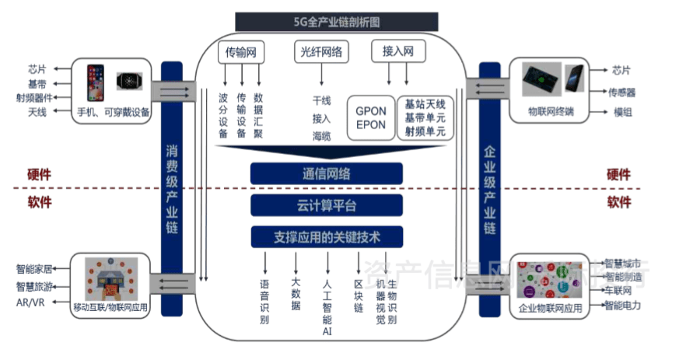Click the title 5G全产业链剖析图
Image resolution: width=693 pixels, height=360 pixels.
[x=337, y=21]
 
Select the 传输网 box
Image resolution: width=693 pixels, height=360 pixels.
[x=241, y=52]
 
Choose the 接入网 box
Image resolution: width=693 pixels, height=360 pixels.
[x=397, y=52]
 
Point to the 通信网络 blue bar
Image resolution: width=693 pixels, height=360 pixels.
[x=326, y=173]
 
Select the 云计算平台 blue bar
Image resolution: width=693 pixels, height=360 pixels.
[x=326, y=205]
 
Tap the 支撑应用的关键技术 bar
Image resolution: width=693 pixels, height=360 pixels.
[x=326, y=236]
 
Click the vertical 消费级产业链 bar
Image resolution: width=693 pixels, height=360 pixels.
[x=171, y=189]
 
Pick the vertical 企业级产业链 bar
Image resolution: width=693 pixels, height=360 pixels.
[x=490, y=189]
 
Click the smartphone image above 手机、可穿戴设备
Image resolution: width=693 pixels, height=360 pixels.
[x=96, y=82]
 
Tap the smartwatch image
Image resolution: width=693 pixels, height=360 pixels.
[x=129, y=81]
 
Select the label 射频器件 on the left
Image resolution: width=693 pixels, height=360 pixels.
[x=34, y=98]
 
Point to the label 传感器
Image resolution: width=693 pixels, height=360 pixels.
[x=622, y=92]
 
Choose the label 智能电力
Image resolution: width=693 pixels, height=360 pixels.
[x=623, y=306]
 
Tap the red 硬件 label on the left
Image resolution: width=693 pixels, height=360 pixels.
[x=40, y=174]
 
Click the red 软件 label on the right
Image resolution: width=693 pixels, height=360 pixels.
[x=619, y=202]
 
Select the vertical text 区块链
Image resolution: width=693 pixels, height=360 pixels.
[x=359, y=295]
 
